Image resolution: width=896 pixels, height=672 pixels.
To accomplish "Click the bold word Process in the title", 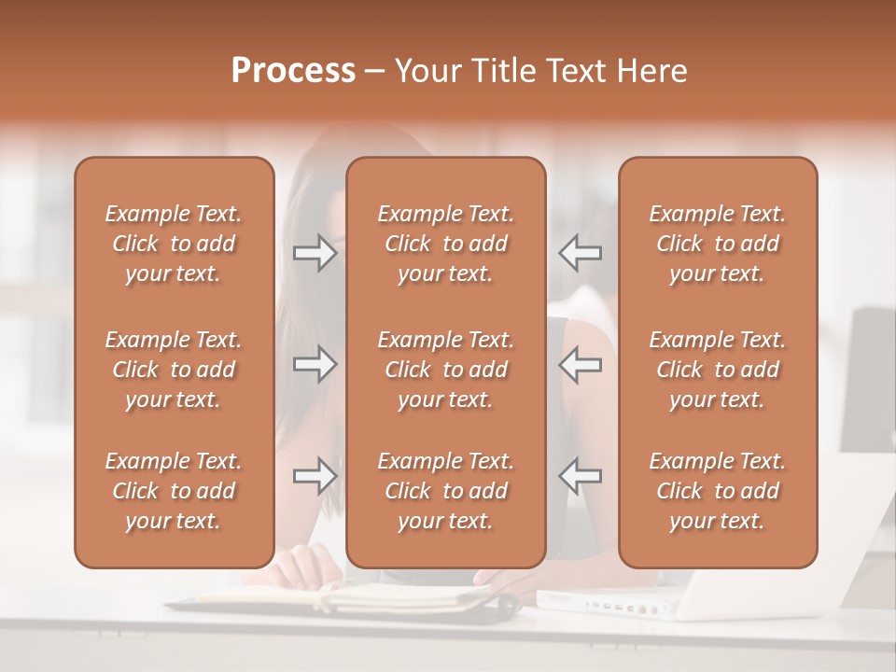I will click(293, 71).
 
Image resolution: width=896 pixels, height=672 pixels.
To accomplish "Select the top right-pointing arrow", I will click(315, 253).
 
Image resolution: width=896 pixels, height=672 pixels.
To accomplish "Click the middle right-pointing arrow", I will click(315, 364).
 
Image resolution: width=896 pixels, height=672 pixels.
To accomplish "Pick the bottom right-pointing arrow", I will click(315, 476).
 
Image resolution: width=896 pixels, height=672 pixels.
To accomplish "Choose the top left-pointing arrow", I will click(580, 253).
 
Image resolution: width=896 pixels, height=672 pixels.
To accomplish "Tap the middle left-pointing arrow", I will click(580, 364).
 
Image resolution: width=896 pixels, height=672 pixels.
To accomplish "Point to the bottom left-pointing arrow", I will click(580, 476).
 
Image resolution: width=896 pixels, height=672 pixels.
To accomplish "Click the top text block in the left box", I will click(174, 244).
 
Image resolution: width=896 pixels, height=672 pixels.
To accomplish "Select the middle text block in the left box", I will click(174, 370).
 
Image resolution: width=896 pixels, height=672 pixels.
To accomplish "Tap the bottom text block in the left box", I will click(174, 491).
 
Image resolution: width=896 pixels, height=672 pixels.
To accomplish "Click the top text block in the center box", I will click(445, 244).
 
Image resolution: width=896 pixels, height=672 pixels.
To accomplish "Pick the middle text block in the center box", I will click(445, 370).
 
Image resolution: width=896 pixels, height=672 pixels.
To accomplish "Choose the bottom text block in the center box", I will click(445, 491).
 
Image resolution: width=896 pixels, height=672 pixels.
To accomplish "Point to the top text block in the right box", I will click(718, 244).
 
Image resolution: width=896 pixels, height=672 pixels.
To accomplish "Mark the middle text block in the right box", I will click(718, 370).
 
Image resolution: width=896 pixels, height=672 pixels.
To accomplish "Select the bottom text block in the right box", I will click(718, 491).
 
